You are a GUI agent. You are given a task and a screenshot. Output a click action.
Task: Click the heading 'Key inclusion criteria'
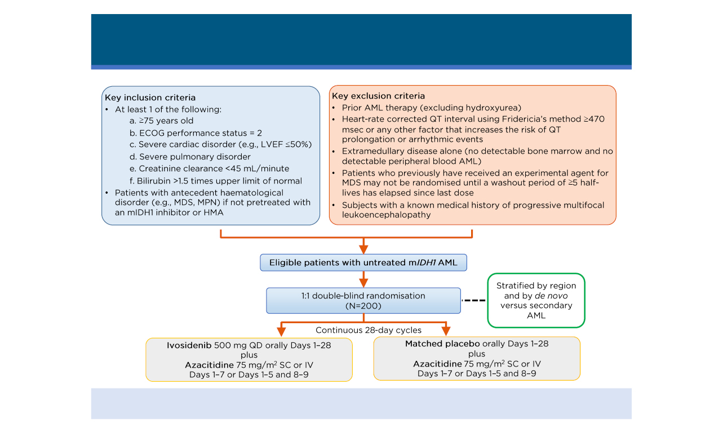150,97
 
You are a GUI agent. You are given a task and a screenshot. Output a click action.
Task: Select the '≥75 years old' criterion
162,120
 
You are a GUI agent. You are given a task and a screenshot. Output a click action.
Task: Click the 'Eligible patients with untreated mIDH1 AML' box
363,262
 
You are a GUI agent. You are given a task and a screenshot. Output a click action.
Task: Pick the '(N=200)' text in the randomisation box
363,306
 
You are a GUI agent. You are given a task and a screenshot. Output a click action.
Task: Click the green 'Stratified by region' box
535,300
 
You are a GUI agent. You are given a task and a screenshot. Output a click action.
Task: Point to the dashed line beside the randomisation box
473,301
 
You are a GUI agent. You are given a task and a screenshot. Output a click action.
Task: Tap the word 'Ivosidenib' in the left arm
188,345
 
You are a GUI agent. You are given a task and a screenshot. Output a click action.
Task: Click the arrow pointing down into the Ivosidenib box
280,329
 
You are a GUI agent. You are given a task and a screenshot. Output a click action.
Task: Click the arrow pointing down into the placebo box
446,329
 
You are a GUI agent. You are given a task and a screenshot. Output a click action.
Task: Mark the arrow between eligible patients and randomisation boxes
363,279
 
